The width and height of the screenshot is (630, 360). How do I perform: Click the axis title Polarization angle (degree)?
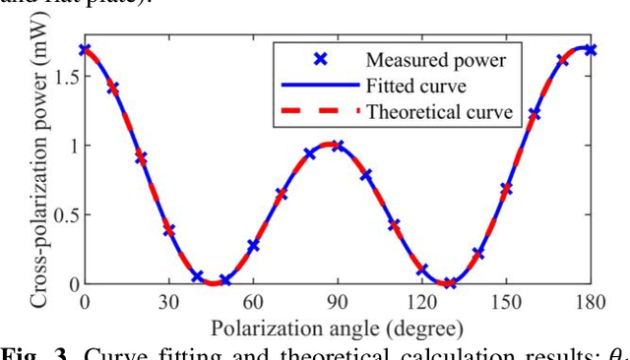click(x=337, y=326)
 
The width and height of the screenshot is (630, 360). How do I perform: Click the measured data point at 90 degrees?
click(x=338, y=146)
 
